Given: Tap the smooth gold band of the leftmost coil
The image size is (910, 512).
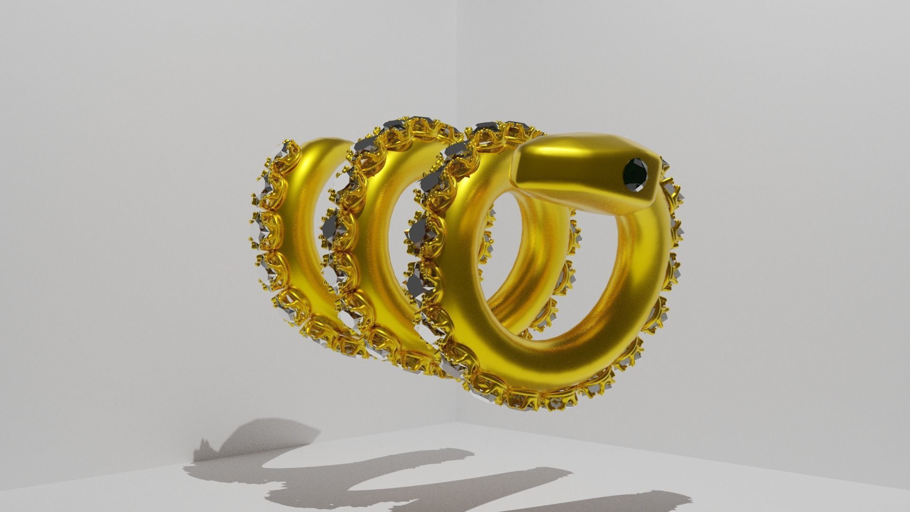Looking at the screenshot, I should tap(303, 228).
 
